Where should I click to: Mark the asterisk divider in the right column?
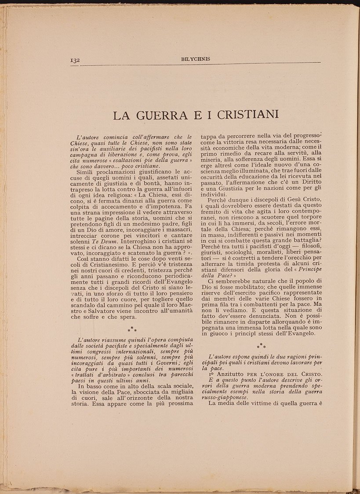(x=261, y=346)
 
